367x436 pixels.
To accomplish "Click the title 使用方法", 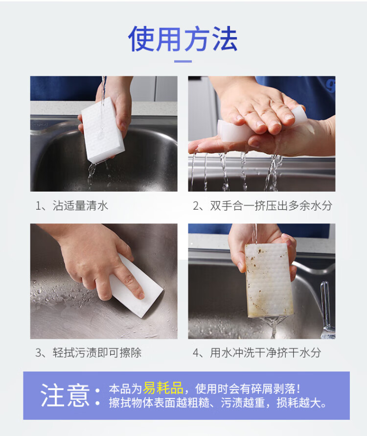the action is (x=183, y=39).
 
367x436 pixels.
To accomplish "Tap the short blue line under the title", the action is (x=183, y=61).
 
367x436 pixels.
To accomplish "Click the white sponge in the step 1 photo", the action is (x=102, y=131).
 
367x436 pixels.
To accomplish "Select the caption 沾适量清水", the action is (x=80, y=206).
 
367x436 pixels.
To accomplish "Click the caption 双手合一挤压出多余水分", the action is (x=271, y=206).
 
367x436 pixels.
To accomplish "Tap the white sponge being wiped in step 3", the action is (x=137, y=286).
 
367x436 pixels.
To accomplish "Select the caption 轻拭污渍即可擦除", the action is (x=97, y=352).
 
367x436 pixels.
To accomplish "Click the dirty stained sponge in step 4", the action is (x=269, y=280).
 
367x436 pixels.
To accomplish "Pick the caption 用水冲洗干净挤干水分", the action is (x=265, y=352).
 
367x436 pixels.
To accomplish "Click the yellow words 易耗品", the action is (x=163, y=388).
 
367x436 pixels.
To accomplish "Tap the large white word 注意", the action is (x=65, y=395).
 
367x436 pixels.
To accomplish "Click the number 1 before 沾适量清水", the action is (x=38, y=206).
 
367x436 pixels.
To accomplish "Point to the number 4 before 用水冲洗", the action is (x=196, y=353).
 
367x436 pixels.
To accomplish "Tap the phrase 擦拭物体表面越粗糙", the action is (x=159, y=403).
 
